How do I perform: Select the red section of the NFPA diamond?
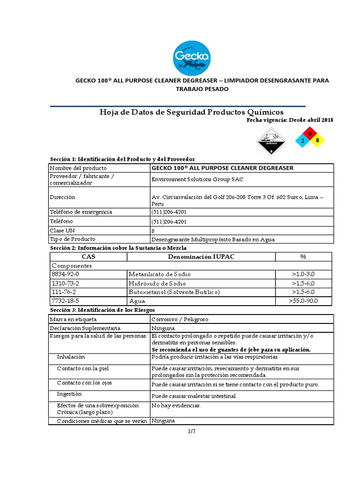tap(310, 134)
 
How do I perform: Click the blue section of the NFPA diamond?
tap(303, 140)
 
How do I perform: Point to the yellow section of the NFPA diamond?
tap(317, 140)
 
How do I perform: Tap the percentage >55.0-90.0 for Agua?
tap(303, 300)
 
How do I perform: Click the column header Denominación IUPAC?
tap(201, 256)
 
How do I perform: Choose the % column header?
tap(303, 256)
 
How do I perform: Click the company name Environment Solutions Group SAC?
tap(197, 179)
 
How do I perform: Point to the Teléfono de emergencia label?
tap(81, 212)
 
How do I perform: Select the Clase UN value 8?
tap(153, 231)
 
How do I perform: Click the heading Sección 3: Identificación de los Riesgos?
tap(102, 310)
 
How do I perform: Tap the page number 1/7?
tap(191, 432)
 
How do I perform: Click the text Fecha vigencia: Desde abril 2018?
tap(290, 120)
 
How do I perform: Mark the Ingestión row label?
tap(69, 394)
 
